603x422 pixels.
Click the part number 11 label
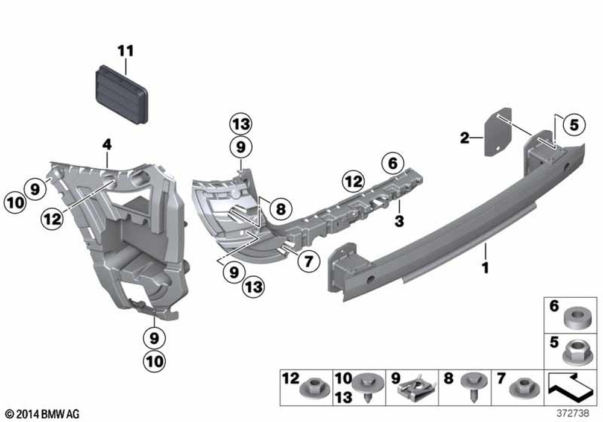(126, 51)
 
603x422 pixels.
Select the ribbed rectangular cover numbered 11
(122, 95)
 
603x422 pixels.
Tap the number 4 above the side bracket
(107, 145)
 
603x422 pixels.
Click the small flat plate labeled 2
(498, 132)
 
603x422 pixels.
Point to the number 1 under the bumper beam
(485, 268)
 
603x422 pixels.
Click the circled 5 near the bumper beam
(573, 125)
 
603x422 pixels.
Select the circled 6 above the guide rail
(393, 163)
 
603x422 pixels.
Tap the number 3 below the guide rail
(399, 221)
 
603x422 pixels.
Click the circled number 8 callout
(281, 209)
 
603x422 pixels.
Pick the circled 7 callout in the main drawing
(308, 262)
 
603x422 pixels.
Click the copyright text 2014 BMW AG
(42, 414)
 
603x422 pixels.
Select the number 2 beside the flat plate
(465, 137)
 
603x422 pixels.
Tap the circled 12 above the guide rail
(353, 181)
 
